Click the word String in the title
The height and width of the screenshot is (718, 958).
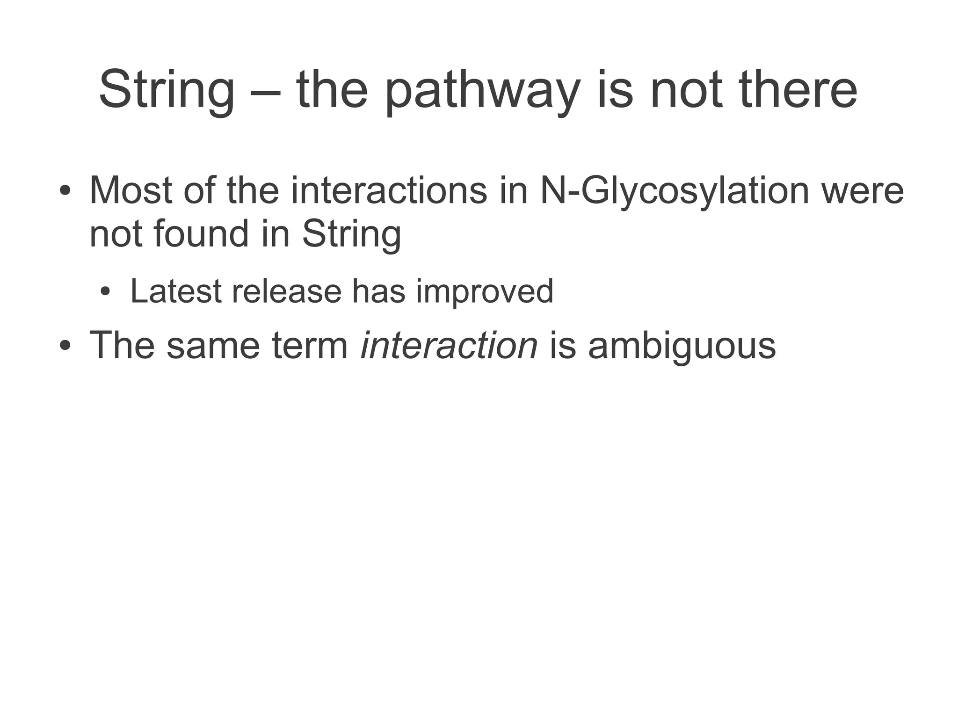(167, 90)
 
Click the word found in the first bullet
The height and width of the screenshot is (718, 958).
(202, 234)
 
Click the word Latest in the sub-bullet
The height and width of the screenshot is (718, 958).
(176, 291)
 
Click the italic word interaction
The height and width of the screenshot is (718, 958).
(449, 345)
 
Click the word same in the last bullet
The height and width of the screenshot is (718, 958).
(213, 345)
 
